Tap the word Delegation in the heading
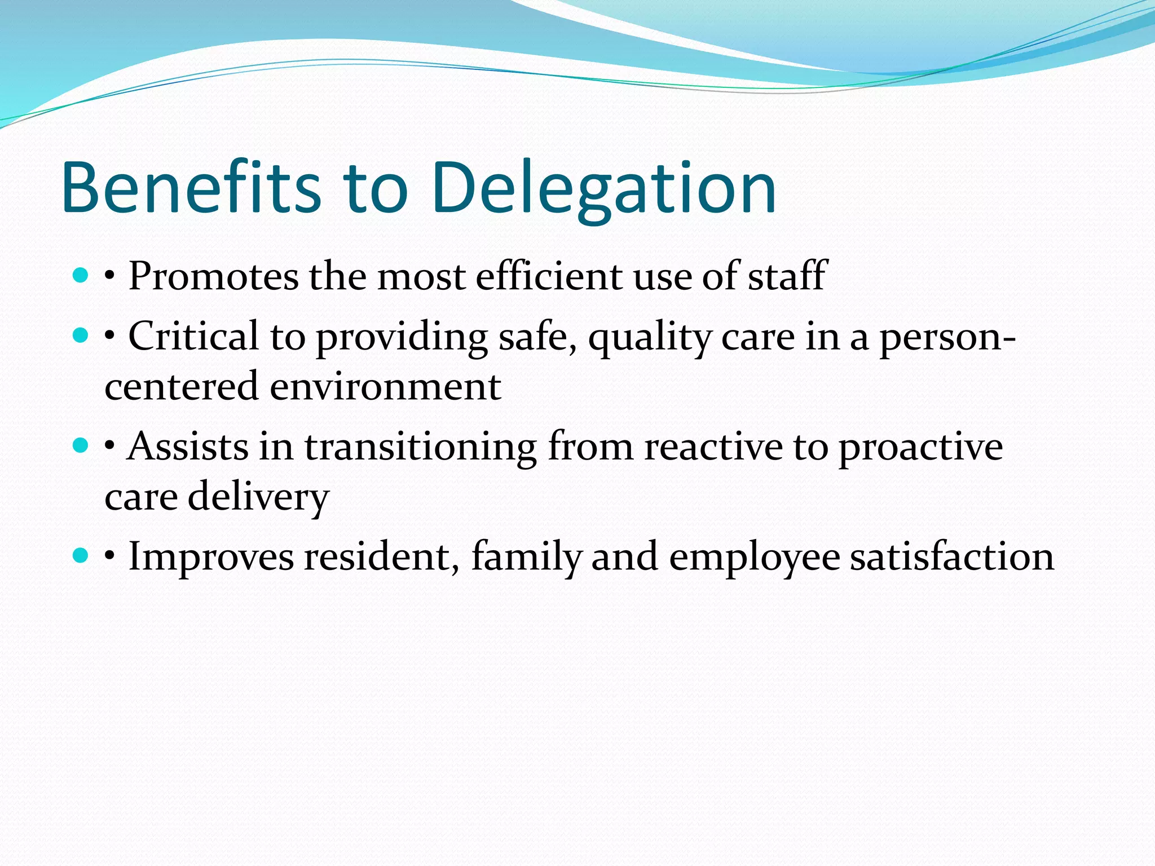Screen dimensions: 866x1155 [x=604, y=189]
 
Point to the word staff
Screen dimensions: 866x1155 [x=787, y=276]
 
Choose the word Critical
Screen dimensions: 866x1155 [x=193, y=337]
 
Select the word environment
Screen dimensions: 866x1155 [x=386, y=387]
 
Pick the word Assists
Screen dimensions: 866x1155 [x=188, y=447]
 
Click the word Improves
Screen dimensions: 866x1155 [x=211, y=557]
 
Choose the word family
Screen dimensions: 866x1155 [x=526, y=557]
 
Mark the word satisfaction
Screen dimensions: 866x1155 [x=951, y=557]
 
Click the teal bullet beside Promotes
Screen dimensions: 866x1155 [x=81, y=276]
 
